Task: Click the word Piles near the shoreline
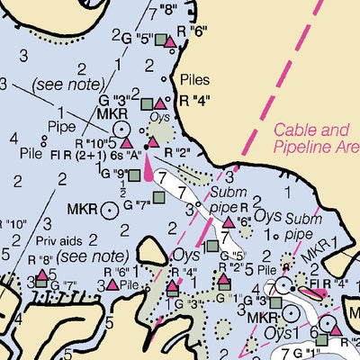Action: click(x=194, y=78)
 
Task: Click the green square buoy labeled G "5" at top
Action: click(x=159, y=40)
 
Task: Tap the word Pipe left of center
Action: click(x=62, y=126)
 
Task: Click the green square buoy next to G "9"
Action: click(x=134, y=175)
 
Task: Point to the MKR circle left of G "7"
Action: click(x=109, y=210)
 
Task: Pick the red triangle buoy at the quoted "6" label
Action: click(x=229, y=221)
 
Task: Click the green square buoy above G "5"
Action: click(x=211, y=245)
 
